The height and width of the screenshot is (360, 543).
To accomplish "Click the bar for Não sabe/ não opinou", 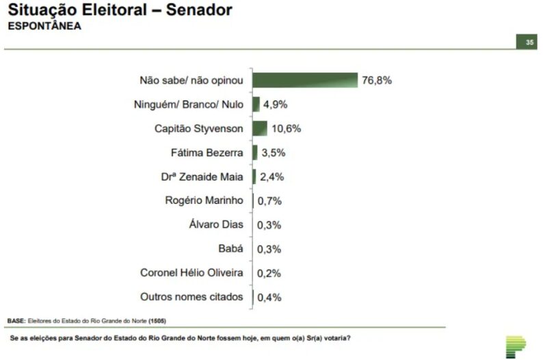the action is pyautogui.click(x=305, y=80).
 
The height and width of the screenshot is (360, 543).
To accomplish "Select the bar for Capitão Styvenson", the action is pyautogui.click(x=260, y=128).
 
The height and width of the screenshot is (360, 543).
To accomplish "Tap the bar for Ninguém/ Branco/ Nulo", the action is pyautogui.click(x=256, y=104).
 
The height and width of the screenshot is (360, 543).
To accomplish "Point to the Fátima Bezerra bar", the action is pyautogui.click(x=255, y=153).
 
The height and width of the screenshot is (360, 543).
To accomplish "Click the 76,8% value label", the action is pyautogui.click(x=377, y=80).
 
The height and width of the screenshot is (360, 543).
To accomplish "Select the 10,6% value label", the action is pyautogui.click(x=286, y=129).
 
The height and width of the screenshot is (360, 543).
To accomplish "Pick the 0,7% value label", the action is pyautogui.click(x=269, y=201).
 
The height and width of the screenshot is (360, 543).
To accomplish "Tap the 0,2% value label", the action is pyautogui.click(x=269, y=273).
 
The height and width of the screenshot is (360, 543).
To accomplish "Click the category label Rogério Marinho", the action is pyautogui.click(x=204, y=201).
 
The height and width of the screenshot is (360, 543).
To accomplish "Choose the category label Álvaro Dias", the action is pyautogui.click(x=216, y=224).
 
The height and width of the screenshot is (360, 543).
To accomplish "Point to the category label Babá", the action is pyautogui.click(x=230, y=248).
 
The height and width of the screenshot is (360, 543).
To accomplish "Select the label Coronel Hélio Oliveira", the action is pyautogui.click(x=191, y=272).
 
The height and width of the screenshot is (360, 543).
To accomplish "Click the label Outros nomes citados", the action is pyautogui.click(x=191, y=297).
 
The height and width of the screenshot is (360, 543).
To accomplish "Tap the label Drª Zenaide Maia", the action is pyautogui.click(x=202, y=177).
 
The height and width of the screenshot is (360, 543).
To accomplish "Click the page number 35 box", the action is pyautogui.click(x=527, y=42).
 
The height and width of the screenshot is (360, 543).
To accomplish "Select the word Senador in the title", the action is pyautogui.click(x=199, y=10).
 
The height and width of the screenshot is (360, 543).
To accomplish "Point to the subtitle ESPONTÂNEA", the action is pyautogui.click(x=44, y=26).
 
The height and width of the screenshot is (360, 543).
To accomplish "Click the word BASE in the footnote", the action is pyautogui.click(x=16, y=321).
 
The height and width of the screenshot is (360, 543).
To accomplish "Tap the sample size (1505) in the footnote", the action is pyautogui.click(x=157, y=321).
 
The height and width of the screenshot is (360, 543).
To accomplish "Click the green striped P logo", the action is pyautogui.click(x=515, y=346).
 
